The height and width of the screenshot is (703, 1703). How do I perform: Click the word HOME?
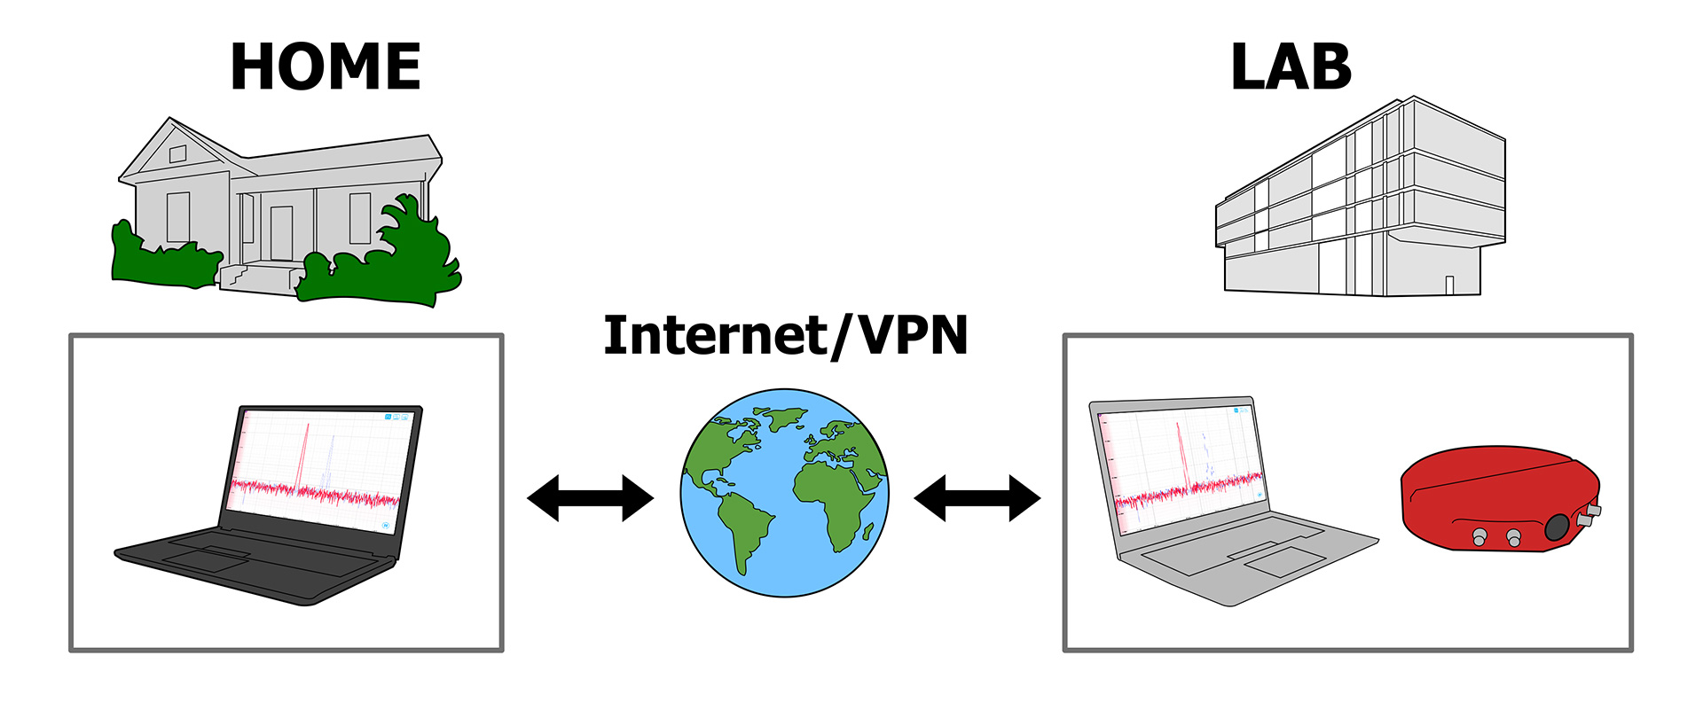[325, 67]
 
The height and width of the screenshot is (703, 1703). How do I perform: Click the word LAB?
[1291, 67]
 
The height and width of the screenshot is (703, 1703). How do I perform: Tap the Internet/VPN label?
[785, 336]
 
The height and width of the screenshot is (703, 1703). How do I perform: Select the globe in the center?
[784, 493]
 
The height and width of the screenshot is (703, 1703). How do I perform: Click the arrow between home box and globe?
[590, 498]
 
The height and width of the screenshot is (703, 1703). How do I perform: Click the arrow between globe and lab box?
[977, 498]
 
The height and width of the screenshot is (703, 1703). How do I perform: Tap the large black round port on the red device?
[1557, 527]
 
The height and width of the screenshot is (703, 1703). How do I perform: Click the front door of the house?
[281, 232]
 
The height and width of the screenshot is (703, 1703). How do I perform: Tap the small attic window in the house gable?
[177, 154]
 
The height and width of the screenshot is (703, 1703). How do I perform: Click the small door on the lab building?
[1449, 285]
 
